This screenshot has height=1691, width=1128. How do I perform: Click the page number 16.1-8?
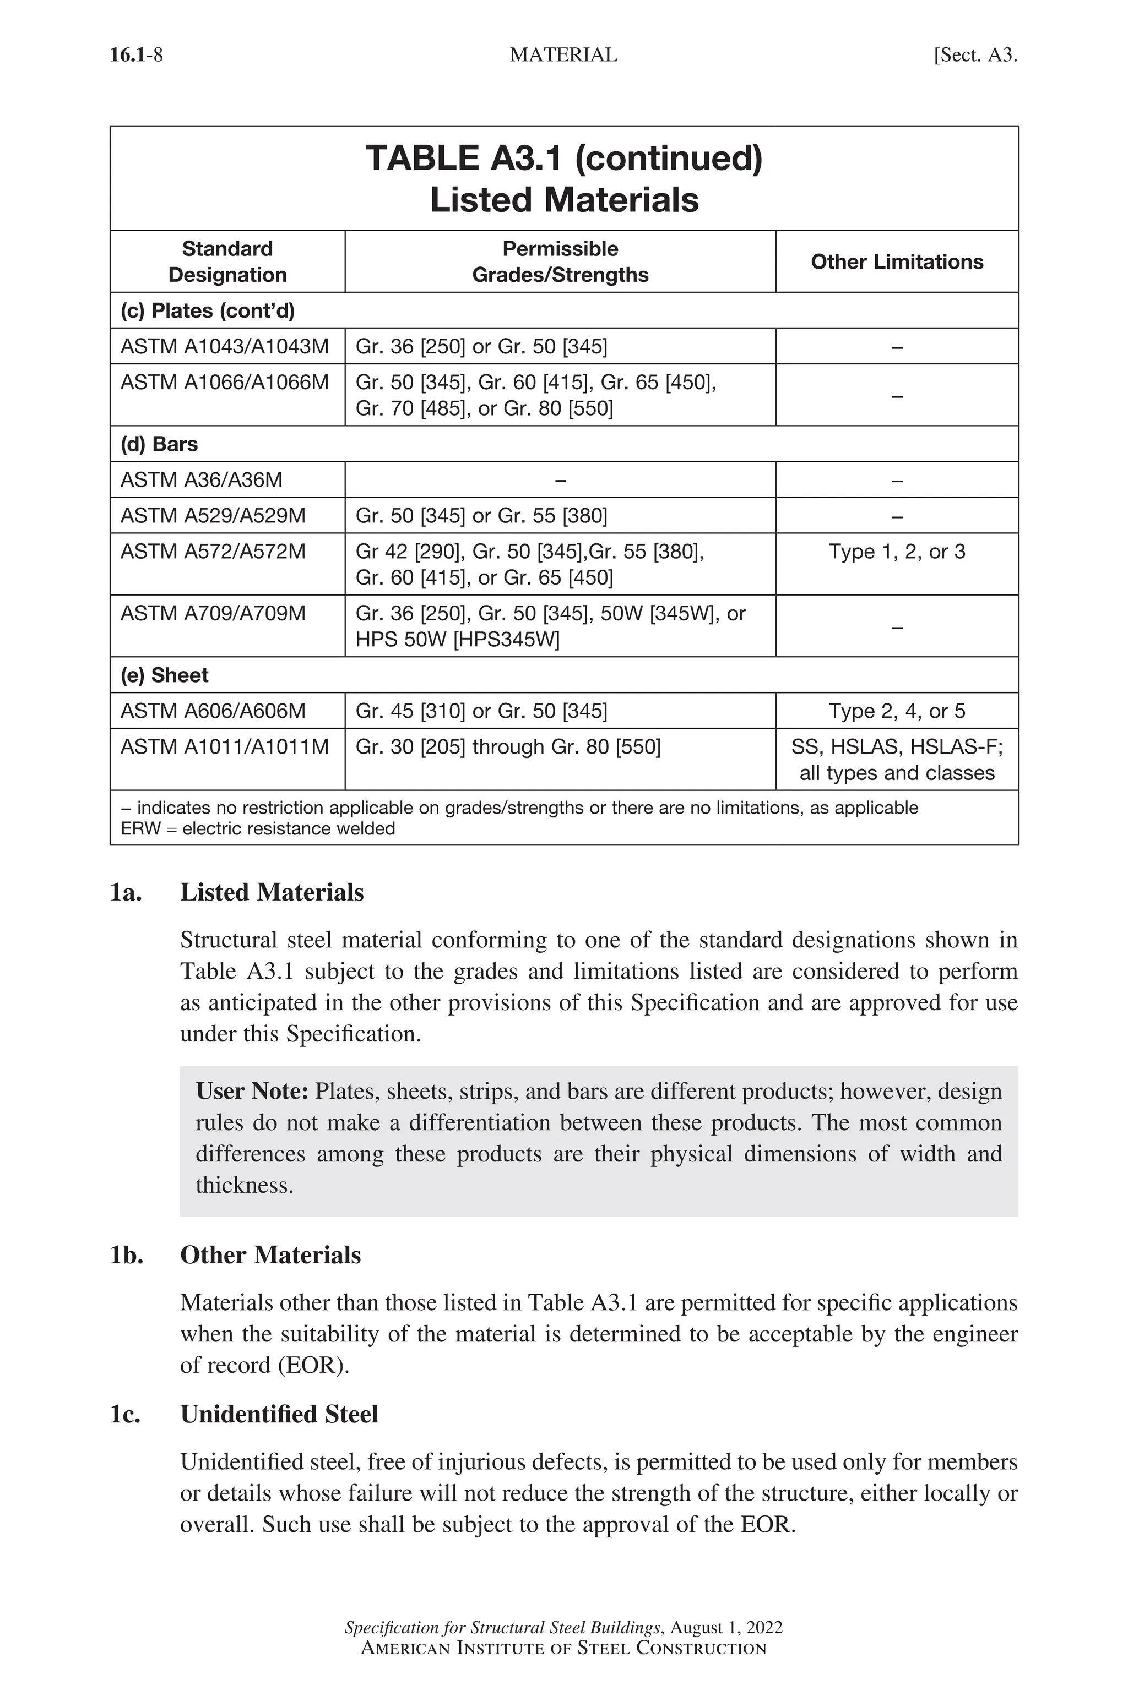[x=136, y=56]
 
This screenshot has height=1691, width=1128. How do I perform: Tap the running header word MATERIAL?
[x=563, y=56]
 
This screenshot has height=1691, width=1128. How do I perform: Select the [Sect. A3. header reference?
[x=975, y=56]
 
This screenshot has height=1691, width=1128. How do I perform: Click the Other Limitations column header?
[x=896, y=261]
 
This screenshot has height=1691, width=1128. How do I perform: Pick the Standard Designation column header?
[x=227, y=261]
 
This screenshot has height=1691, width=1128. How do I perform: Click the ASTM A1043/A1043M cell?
[x=225, y=347]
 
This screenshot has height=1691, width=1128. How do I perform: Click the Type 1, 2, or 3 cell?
[x=896, y=552]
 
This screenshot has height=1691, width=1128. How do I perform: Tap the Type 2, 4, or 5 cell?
[x=896, y=711]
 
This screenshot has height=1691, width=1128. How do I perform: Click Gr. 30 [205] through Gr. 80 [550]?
[x=508, y=747]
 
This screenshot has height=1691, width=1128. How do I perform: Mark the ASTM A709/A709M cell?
[x=213, y=613]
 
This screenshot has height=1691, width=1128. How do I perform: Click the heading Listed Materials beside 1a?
[x=272, y=892]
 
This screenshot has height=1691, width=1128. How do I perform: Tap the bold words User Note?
[x=252, y=1092]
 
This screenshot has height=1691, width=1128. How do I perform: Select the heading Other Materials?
[x=270, y=1255]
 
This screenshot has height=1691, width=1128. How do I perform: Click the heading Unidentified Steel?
[x=279, y=1414]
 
